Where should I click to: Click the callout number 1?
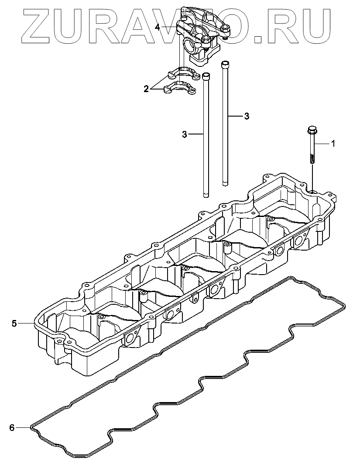tap(333, 144)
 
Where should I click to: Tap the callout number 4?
tap(158, 27)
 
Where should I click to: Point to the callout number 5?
tap(14, 323)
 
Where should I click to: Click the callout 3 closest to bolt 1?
tap(247, 116)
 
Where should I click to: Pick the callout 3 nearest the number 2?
tap(185, 134)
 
